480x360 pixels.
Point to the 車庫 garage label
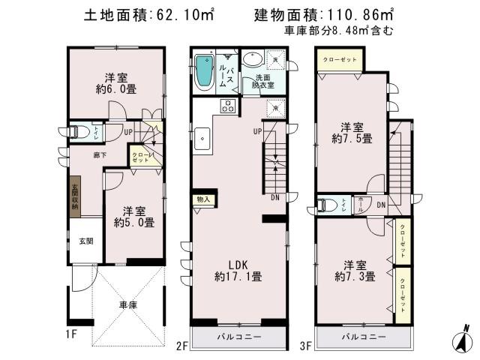[128, 305]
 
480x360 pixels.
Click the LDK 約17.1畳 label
[238, 270]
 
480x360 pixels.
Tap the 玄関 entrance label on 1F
[86, 241]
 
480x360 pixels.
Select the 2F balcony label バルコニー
[240, 337]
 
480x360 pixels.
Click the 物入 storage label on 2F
[202, 199]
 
